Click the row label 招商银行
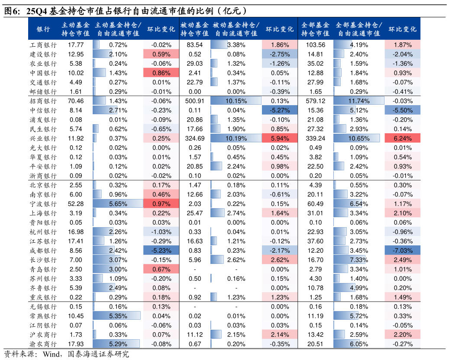(43, 101)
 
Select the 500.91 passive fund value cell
(194, 101)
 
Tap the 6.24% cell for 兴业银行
(403, 138)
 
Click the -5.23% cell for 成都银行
(161, 251)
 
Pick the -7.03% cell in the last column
(403, 251)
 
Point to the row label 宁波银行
(43, 204)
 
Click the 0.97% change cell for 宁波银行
(161, 204)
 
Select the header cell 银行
(43, 29)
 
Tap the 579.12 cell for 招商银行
(315, 101)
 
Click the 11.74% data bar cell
(359, 101)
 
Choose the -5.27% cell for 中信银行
(280, 110)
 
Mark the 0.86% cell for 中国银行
(161, 73)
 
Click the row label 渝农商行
(43, 344)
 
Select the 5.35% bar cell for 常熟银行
(118, 316)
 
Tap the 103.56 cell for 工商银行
(315, 45)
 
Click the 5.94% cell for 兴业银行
(280, 138)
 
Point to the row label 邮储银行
(43, 92)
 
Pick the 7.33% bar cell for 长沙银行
(359, 260)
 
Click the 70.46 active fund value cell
(76, 101)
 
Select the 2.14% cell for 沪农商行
(280, 334)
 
